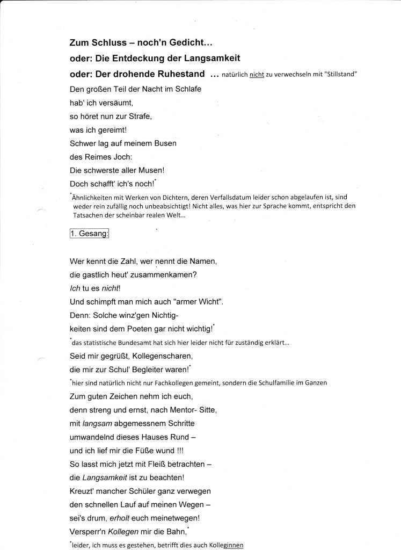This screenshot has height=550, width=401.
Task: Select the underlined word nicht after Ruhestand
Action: click(257, 75)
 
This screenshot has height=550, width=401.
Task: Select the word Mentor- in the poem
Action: click(176, 410)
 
